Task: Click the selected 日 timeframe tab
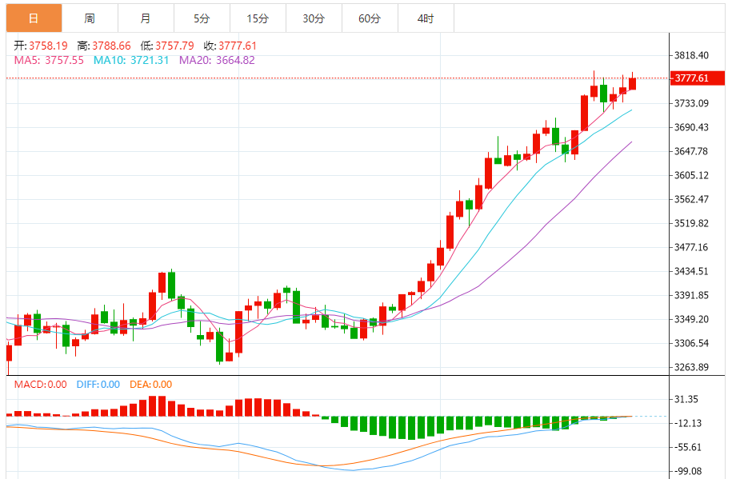pos(33,18)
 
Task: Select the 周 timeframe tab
pos(90,18)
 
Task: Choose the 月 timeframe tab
pos(145,18)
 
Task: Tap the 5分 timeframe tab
pos(202,18)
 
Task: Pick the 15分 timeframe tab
pos(258,18)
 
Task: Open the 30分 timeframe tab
pos(314,18)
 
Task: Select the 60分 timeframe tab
pos(370,18)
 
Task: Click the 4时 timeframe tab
pos(426,18)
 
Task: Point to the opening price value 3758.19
pos(49,46)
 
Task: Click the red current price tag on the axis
pos(691,78)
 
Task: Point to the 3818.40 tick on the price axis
pos(692,55)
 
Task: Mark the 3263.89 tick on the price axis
pos(692,368)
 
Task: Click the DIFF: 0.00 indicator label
pos(98,385)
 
